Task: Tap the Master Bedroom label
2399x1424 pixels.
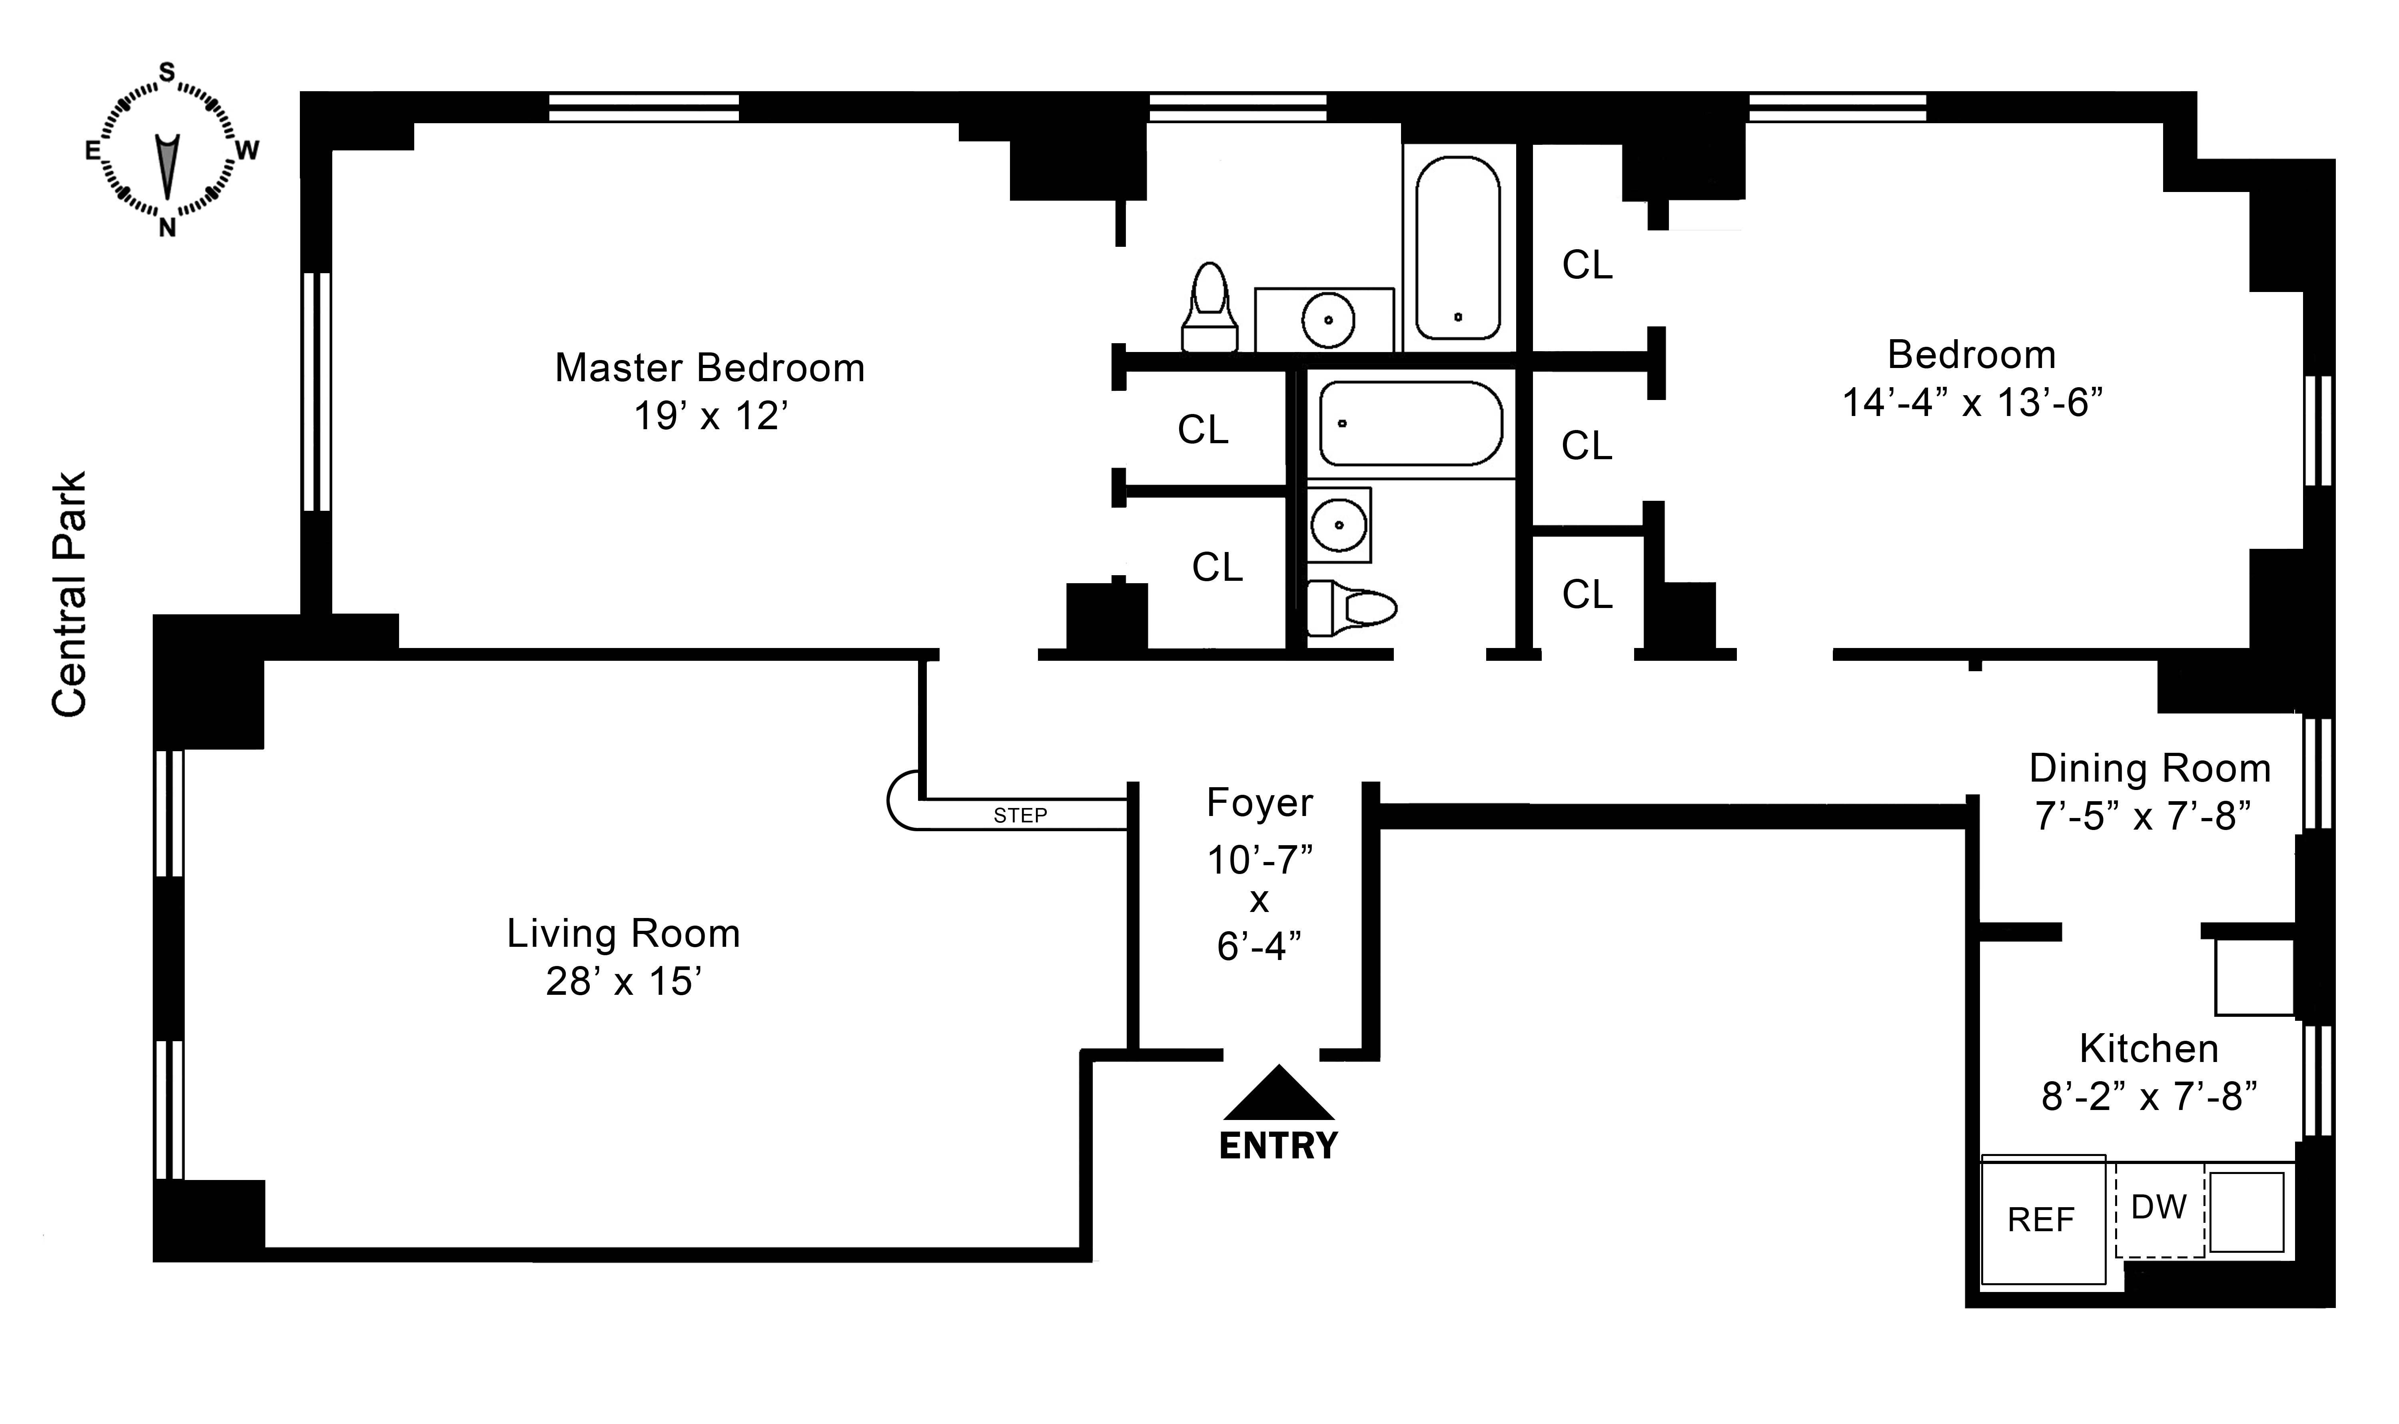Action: pyautogui.click(x=710, y=368)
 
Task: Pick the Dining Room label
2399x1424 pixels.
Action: pyautogui.click(x=2150, y=769)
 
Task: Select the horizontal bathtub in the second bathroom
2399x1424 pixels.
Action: pyautogui.click(x=1410, y=423)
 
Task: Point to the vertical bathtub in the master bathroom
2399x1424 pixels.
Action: pyautogui.click(x=1457, y=248)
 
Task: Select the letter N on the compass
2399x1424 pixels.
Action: pyautogui.click(x=167, y=228)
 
